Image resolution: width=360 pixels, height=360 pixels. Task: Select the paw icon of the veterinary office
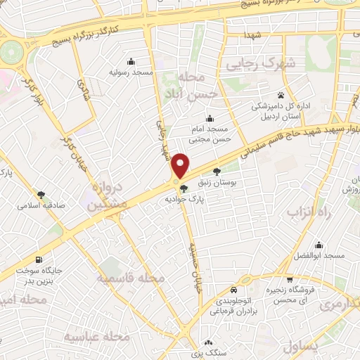coord(280,95)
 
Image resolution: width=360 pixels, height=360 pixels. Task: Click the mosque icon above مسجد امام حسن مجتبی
coord(208,118)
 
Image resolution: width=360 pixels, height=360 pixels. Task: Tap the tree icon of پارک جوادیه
coord(184,188)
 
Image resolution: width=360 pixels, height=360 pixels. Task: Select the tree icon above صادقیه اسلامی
coord(41,194)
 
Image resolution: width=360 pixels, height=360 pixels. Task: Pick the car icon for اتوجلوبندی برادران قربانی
coord(233,289)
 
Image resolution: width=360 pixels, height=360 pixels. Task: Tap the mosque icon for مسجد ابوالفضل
coord(319,245)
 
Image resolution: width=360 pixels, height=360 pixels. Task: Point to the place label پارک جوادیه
coord(184,200)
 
